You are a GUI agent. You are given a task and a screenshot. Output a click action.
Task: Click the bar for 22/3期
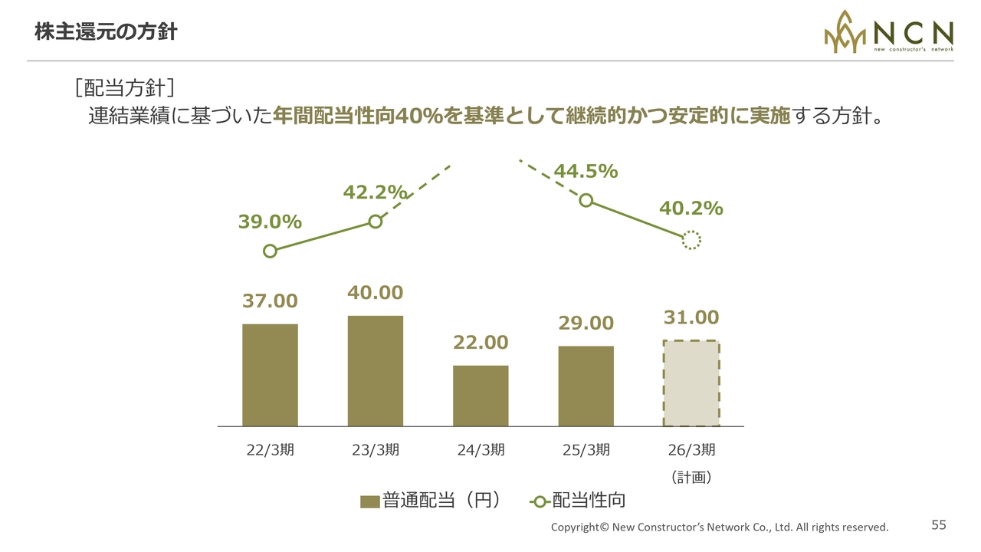pyautogui.click(x=270, y=375)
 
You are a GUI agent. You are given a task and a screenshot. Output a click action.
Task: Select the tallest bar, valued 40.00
pyautogui.click(x=375, y=370)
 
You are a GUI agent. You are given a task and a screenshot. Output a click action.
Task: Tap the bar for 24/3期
pyautogui.click(x=481, y=396)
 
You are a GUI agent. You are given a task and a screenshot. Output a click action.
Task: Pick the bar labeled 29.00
pyautogui.click(x=586, y=386)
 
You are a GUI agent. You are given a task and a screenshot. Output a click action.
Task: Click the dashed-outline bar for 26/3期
pyautogui.click(x=691, y=383)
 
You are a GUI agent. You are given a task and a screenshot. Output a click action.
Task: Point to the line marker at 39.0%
pyautogui.click(x=270, y=251)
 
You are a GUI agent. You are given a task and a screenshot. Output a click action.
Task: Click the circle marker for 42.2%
pyautogui.click(x=375, y=222)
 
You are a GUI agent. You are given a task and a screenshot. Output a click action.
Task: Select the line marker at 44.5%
pyautogui.click(x=586, y=200)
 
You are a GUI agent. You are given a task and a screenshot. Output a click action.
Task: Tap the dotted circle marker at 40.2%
pyautogui.click(x=691, y=241)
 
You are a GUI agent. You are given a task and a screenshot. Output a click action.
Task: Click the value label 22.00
pyautogui.click(x=481, y=342)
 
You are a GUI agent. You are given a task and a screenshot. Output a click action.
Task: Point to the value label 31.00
pyautogui.click(x=691, y=317)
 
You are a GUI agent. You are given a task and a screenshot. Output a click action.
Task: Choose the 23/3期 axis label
pyautogui.click(x=375, y=450)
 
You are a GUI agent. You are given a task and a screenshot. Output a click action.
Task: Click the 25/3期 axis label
pyautogui.click(x=586, y=450)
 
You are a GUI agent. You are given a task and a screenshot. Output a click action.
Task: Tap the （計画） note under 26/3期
pyautogui.click(x=691, y=477)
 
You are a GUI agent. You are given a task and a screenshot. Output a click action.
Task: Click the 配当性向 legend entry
pyautogui.click(x=577, y=501)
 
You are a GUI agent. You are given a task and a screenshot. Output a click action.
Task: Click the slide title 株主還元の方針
pyautogui.click(x=106, y=32)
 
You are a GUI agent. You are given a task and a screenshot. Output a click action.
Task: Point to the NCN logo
pyautogui.click(x=888, y=32)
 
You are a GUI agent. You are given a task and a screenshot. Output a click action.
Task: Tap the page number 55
pyautogui.click(x=939, y=525)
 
